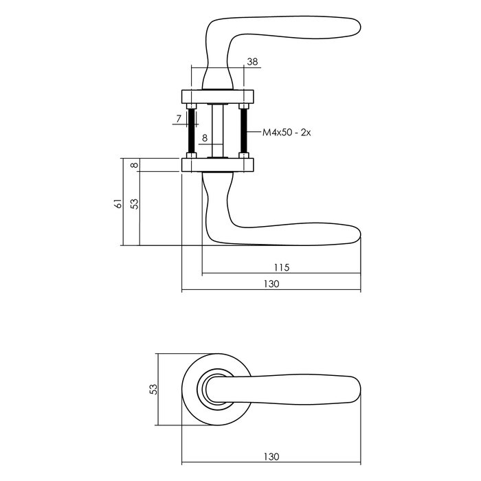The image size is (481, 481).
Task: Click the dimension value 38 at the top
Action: point(252,62)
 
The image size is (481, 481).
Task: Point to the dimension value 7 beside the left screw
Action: point(178,119)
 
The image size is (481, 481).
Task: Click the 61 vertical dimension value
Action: point(118,203)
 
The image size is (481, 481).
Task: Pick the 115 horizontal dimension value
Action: point(281,267)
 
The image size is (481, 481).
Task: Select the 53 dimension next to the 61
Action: point(135,203)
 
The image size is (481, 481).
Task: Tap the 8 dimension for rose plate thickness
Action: point(135,165)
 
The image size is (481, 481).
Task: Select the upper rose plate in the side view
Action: point(218,96)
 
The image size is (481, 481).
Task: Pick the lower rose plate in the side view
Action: point(218,165)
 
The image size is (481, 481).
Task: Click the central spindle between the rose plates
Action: point(217,131)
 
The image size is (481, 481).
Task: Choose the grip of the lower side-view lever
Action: point(295,232)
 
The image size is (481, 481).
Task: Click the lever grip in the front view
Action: point(302,388)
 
